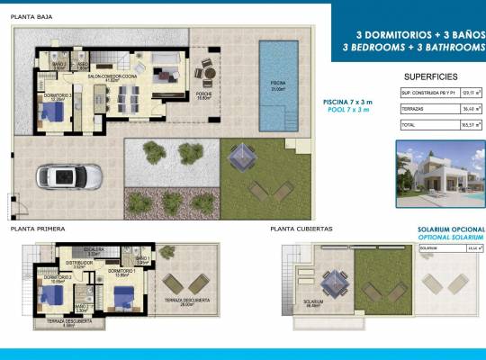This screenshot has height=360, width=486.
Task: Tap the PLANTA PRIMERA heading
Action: pyautogui.click(x=38, y=229)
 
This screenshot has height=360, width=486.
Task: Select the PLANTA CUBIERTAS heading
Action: pyautogui.click(x=301, y=229)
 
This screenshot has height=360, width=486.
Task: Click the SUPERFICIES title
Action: pyautogui.click(x=431, y=76)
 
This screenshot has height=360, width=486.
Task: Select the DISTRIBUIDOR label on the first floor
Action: pyautogui.click(x=78, y=264)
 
